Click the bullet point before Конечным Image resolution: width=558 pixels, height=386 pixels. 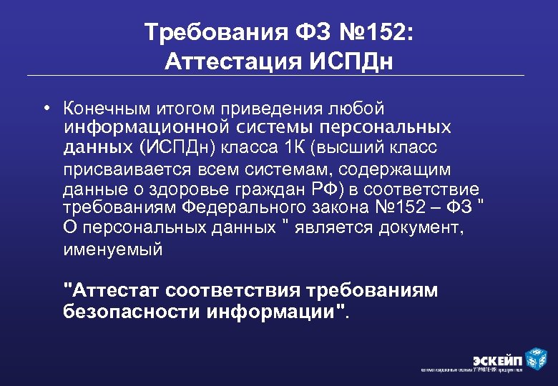click(x=45, y=108)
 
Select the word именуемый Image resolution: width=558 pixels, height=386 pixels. click(x=113, y=249)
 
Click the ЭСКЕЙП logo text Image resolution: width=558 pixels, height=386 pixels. click(x=497, y=358)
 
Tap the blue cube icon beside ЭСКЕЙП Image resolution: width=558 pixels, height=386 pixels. click(x=536, y=357)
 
